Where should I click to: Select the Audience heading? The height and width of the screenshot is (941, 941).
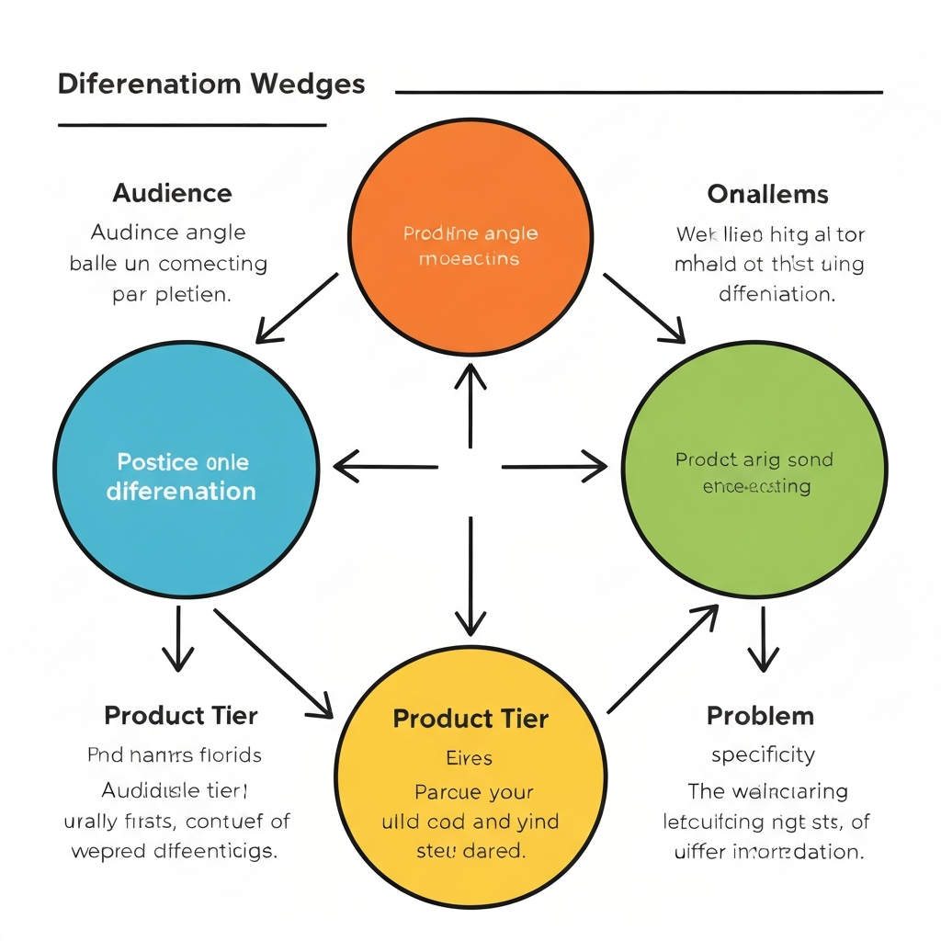click(x=172, y=194)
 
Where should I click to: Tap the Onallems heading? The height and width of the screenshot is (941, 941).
click(x=767, y=195)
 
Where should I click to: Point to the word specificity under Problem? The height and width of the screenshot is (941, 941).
click(x=763, y=755)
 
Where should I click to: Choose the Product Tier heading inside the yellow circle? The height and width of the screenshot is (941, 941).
click(x=470, y=719)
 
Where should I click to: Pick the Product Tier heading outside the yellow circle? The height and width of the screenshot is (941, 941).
click(x=181, y=715)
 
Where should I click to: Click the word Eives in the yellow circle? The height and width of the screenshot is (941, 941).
click(x=470, y=758)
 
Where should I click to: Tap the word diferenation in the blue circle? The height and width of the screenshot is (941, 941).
click(x=181, y=492)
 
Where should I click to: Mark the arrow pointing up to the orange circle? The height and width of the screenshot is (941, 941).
click(x=470, y=404)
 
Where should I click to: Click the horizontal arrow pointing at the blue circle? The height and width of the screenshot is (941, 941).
click(x=386, y=467)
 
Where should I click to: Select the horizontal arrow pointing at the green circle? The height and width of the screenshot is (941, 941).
click(x=554, y=467)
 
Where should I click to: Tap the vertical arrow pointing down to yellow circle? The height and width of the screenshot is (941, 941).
click(x=470, y=577)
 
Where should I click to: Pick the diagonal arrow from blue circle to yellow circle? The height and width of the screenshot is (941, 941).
click(x=273, y=662)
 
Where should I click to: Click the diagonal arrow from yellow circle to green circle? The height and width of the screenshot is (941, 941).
click(x=663, y=659)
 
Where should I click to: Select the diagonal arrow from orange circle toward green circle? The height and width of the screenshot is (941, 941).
click(x=643, y=307)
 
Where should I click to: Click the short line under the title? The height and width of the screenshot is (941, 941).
click(x=192, y=124)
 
